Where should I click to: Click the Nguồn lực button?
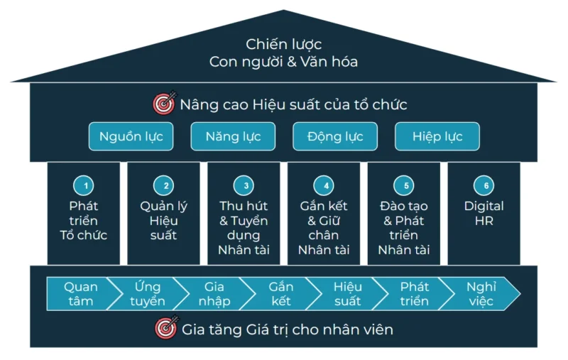tap(131, 137)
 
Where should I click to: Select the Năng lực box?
tap(233, 137)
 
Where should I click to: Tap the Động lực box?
tap(334, 137)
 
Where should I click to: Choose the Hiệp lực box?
tap(437, 137)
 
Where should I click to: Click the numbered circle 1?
tap(84, 186)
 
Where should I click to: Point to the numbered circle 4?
tap(324, 186)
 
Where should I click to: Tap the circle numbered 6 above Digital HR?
tap(485, 186)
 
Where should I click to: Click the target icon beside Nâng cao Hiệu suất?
tap(164, 104)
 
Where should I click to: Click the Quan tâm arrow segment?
tap(80, 294)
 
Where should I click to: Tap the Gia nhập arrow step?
tap(213, 294)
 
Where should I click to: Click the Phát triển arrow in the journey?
tap(414, 294)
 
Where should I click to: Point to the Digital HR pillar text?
tap(484, 213)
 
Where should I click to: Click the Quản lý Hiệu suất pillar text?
tap(164, 220)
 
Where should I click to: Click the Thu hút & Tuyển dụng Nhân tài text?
tap(244, 227)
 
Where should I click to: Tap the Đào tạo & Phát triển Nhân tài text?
tap(404, 227)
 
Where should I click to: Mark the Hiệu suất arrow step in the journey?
tap(347, 294)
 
